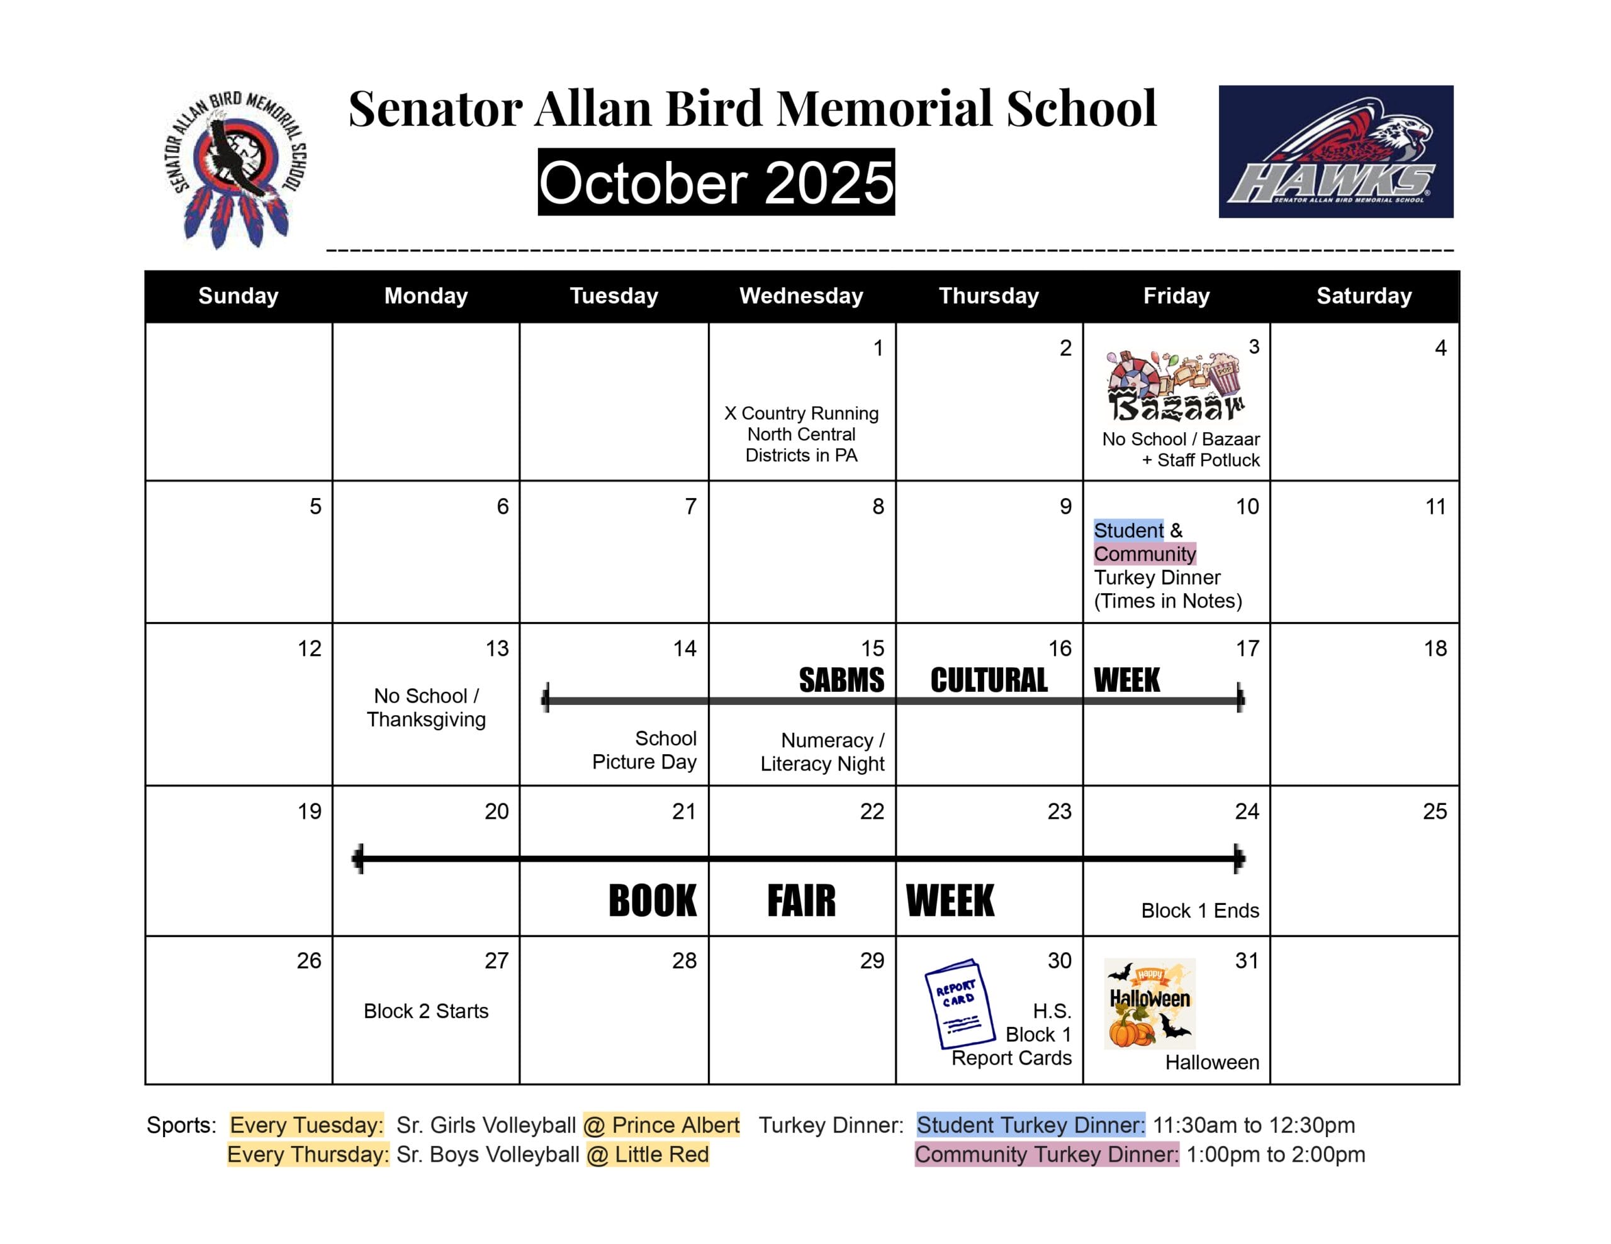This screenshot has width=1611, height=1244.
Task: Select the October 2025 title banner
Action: click(716, 182)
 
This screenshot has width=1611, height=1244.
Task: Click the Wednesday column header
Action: click(801, 296)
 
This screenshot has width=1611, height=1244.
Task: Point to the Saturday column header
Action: click(1364, 296)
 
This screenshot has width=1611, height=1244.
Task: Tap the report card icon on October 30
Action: click(959, 1004)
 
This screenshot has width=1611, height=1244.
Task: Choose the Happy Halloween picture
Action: click(1149, 1004)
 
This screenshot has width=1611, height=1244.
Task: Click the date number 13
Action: click(497, 649)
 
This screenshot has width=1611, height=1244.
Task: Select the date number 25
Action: click(1434, 812)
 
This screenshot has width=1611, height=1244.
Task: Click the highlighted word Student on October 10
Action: click(1128, 530)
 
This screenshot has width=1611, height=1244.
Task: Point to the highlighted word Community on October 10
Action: click(1144, 554)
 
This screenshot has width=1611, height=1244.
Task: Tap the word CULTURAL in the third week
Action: click(989, 680)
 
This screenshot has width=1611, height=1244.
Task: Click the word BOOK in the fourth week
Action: click(652, 901)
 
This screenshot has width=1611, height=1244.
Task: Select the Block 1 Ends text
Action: click(1199, 911)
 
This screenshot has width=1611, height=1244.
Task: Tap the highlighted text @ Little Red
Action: click(648, 1154)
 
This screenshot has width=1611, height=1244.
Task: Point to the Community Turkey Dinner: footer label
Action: click(1046, 1154)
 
